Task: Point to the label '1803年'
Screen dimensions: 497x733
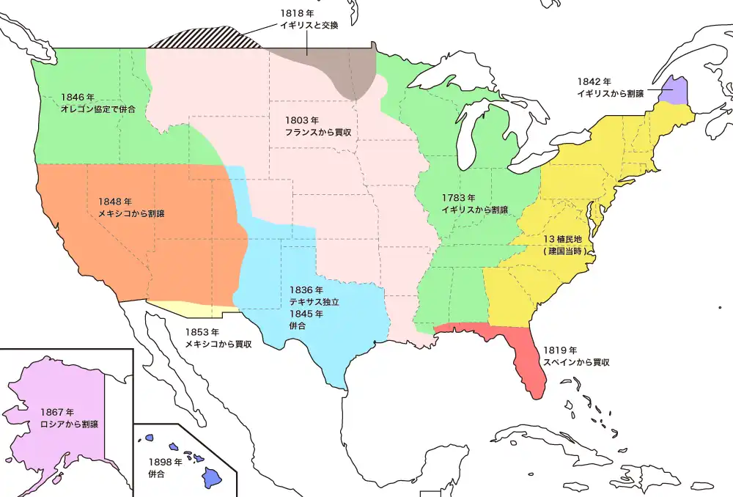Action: click(303, 119)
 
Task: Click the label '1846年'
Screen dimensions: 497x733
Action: click(77, 97)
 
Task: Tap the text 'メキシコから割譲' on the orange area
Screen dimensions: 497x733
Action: click(131, 213)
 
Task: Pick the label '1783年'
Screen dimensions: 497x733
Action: click(459, 198)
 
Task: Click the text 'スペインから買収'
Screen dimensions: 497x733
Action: click(576, 362)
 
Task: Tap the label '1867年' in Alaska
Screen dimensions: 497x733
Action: click(56, 412)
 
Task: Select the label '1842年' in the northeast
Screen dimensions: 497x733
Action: click(594, 81)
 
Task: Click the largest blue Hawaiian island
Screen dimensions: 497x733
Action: click(211, 478)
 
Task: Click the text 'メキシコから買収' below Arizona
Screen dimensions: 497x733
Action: click(218, 344)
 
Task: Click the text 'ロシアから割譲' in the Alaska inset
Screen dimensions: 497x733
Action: click(70, 424)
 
